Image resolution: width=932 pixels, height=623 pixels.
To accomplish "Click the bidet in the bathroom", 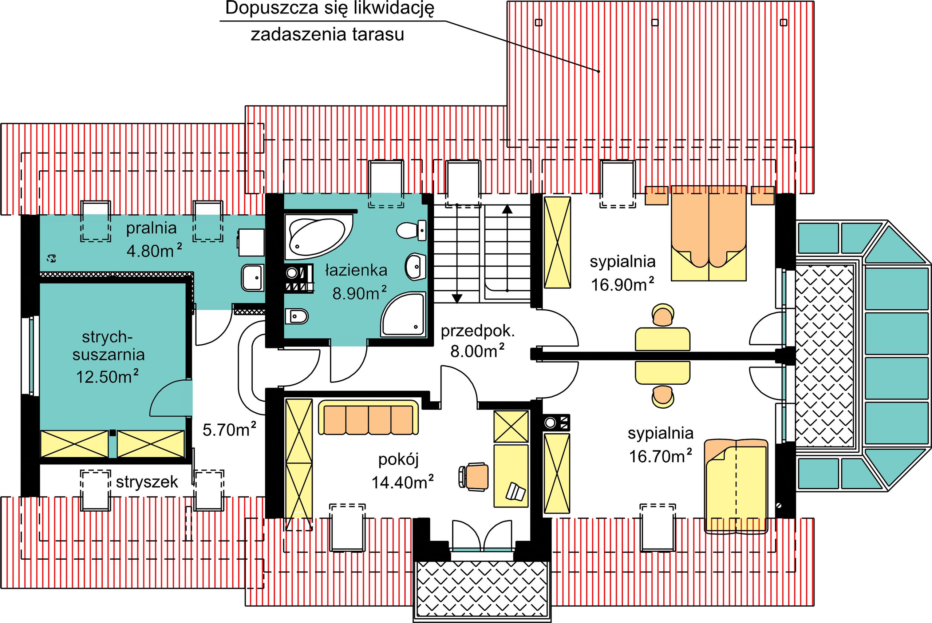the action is pyautogui.click(x=296, y=316).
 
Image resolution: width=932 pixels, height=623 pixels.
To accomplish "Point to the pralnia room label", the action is pyautogui.click(x=151, y=228).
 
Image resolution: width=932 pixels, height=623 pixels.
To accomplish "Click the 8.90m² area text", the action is pyautogui.click(x=359, y=293).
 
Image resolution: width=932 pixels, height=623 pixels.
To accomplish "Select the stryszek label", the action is pyautogui.click(x=147, y=482).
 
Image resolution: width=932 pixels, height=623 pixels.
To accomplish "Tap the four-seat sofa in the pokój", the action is pyautogui.click(x=368, y=420).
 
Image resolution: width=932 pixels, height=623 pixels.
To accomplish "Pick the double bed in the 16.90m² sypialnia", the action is pyautogui.click(x=708, y=233).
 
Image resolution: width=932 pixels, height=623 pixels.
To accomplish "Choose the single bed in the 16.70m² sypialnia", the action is pyautogui.click(x=736, y=485).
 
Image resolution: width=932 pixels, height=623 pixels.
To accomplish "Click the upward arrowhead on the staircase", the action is pyautogui.click(x=507, y=209).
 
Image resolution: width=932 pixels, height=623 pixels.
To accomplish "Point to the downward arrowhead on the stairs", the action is pyautogui.click(x=457, y=298).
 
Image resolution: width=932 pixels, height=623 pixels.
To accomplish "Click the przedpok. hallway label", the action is pyautogui.click(x=478, y=331).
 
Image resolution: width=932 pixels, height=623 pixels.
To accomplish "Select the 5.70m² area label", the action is pyautogui.click(x=229, y=429).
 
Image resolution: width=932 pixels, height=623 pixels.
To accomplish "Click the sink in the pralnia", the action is pyautogui.click(x=252, y=277).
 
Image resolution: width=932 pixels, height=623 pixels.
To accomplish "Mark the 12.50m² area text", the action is pyautogui.click(x=107, y=376).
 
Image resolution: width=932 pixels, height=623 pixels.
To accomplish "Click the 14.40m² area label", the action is pyautogui.click(x=403, y=482).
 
